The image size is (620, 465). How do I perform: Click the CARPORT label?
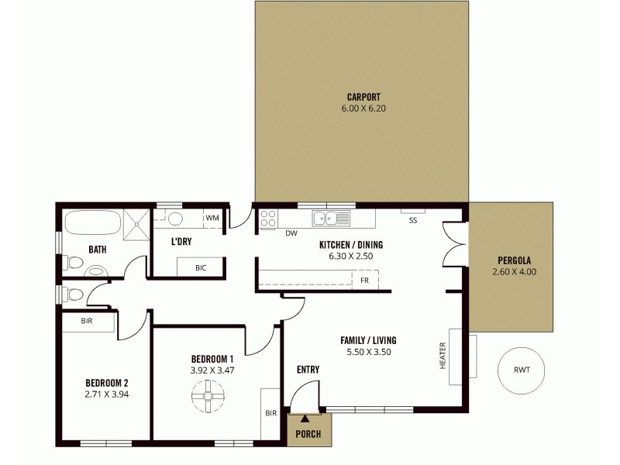362,97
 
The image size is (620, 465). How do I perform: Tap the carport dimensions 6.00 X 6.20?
362,108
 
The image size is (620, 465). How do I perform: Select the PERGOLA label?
514,260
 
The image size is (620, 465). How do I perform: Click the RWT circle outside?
522,370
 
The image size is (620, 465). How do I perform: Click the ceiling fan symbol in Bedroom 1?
208,398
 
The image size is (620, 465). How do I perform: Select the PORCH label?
309,434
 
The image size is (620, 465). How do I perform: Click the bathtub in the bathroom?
91,224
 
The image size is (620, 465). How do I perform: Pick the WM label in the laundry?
212,219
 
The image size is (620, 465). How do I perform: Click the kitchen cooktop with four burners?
269,219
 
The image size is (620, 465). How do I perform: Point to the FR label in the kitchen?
364,280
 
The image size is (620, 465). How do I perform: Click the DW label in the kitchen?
291,233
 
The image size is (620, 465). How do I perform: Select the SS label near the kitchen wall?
413,220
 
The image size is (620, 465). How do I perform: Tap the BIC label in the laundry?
201,267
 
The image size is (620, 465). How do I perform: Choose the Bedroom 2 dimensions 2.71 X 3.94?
106,394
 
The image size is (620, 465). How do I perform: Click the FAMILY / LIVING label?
369,340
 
